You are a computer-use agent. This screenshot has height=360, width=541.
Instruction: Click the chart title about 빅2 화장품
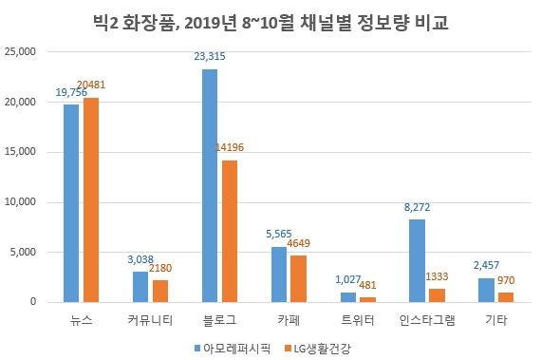tap(270, 22)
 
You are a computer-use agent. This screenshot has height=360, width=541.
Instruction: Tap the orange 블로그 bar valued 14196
tap(229, 231)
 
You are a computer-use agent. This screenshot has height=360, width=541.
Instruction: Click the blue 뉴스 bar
tap(71, 203)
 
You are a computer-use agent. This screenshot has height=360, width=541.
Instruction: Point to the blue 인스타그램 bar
tap(418, 260)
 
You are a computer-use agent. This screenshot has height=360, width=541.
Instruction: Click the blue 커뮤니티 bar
tap(140, 286)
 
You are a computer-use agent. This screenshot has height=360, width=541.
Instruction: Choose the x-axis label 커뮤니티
tap(150, 319)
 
